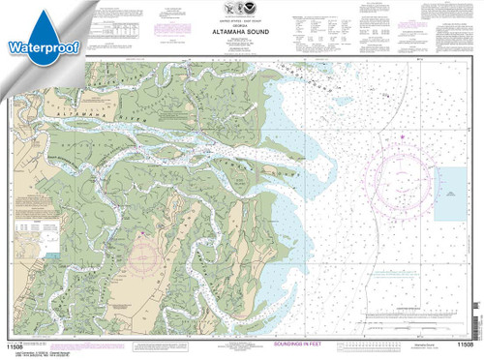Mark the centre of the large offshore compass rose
[406, 175]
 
